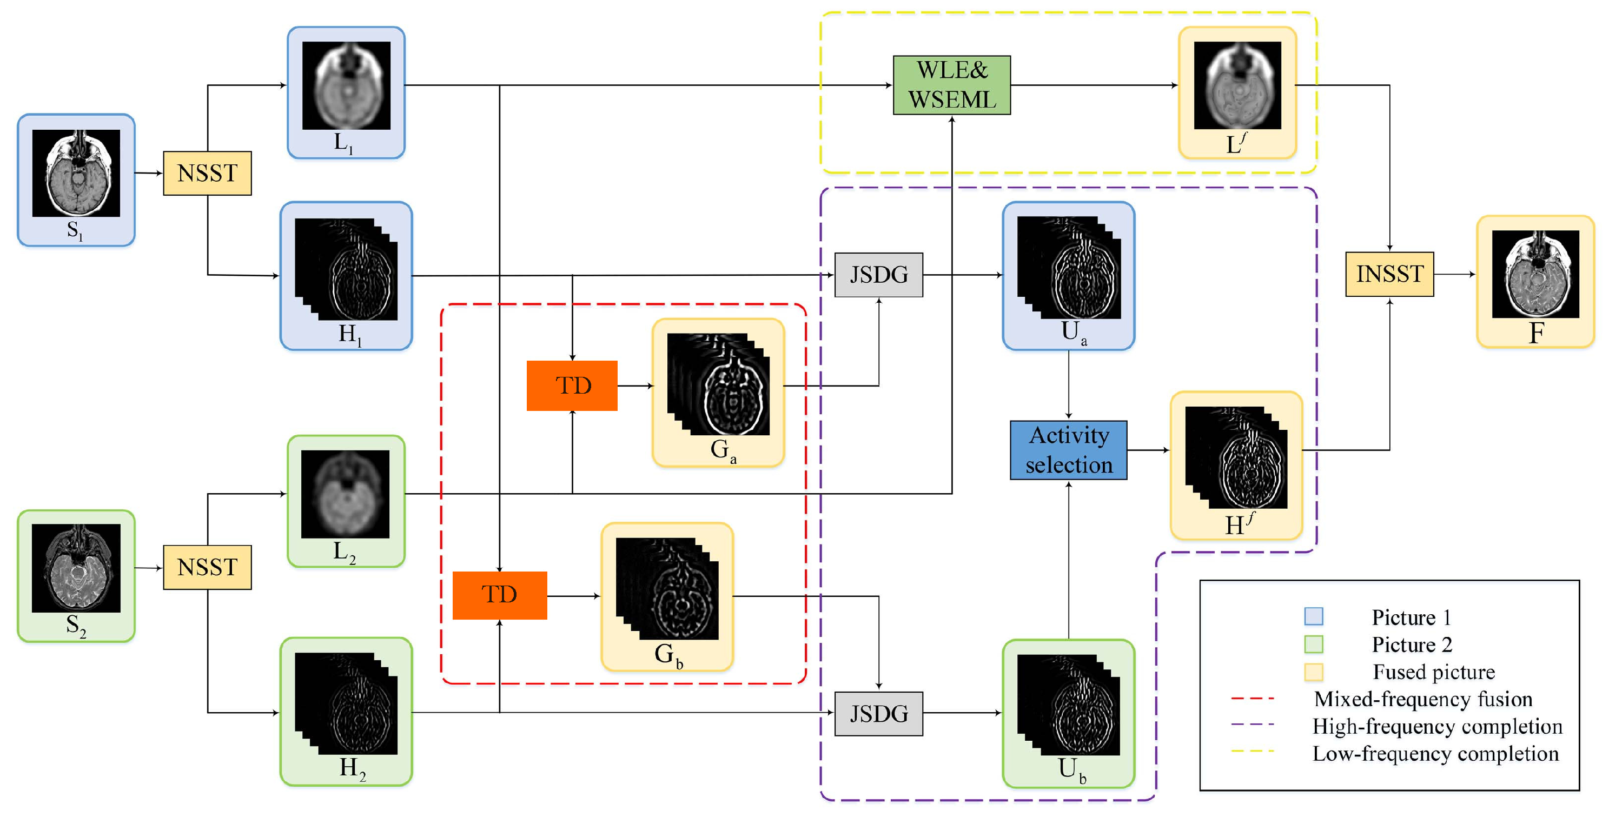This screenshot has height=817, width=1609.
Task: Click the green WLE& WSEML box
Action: coord(951,85)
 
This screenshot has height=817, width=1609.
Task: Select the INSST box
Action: coord(1389,274)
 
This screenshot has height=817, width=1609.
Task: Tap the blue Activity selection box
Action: coord(1068,450)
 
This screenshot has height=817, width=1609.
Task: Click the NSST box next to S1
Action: coord(207,173)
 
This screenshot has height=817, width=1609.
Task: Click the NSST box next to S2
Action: coord(207,567)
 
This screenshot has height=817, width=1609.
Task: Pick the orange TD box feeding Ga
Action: coord(572,386)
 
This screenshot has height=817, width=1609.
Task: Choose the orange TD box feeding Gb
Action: coord(500,595)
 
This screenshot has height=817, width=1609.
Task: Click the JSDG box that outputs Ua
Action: coord(878,275)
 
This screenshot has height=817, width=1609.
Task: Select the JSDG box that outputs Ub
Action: coord(878,713)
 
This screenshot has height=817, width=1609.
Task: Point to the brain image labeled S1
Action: coord(76,173)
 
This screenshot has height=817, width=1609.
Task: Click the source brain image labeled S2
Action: coord(76,568)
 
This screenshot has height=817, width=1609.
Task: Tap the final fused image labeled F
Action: coord(1535,274)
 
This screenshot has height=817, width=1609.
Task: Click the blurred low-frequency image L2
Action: coord(346,494)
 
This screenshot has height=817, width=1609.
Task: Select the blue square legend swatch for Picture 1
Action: coord(1313,616)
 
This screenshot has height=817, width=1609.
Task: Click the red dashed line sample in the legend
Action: coord(1253,699)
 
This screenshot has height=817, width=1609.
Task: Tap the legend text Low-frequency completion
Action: coord(1435,753)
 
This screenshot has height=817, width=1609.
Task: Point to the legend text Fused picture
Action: coord(1433,672)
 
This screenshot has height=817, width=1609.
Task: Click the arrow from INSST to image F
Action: coord(1455,274)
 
